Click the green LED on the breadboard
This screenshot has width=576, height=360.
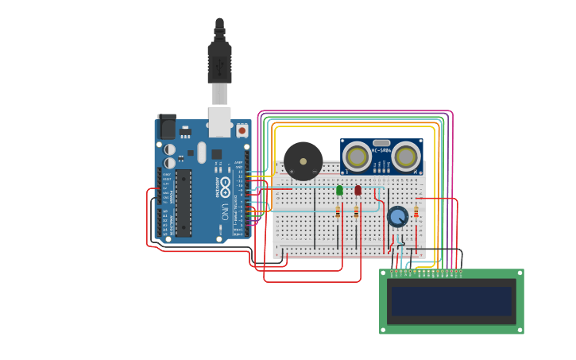pos(339,190)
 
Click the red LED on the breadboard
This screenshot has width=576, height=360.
pos(358,190)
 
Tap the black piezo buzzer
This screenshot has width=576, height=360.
pos(303,161)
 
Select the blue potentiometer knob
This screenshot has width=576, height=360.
pos(397,216)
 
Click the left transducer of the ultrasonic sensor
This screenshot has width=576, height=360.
pos(357,157)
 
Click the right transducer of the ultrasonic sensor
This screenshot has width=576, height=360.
pos(407,157)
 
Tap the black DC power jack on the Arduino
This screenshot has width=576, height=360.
pos(167,127)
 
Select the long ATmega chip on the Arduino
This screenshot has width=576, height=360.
pos(183,203)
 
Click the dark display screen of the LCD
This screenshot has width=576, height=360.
pos(451,301)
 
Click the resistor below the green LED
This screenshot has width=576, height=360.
pos(338,211)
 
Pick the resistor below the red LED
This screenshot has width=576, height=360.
pos(356,211)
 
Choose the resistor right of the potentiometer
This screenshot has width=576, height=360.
pos(416,211)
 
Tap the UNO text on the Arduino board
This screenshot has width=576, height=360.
pos(225,212)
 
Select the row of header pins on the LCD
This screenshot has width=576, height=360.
pos(425,273)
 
